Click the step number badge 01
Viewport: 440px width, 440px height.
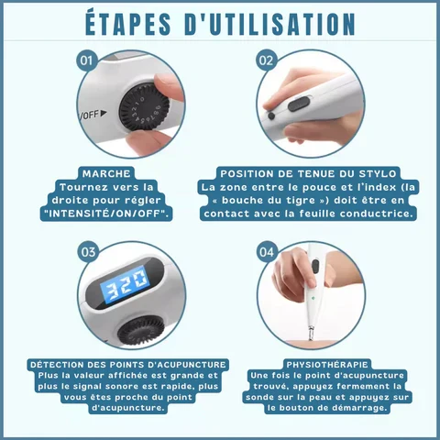[86, 60]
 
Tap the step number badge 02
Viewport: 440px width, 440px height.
[266, 60]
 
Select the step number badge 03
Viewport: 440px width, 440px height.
[88, 252]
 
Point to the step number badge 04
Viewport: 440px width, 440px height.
[267, 252]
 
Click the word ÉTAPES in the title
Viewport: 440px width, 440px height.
[128, 23]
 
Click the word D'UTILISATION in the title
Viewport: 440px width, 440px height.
[270, 24]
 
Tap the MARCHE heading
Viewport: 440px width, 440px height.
[106, 174]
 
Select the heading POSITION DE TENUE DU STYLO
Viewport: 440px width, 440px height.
[308, 174]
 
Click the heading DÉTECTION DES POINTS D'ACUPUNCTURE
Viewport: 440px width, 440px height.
[128, 365]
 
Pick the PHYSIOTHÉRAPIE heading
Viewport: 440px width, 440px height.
[327, 365]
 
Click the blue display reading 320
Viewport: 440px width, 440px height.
[125, 284]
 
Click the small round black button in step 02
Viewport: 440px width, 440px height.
[271, 115]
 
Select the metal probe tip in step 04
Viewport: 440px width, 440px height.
[311, 334]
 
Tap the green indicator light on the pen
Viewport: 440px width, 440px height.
[313, 298]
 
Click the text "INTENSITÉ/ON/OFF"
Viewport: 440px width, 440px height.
[106, 214]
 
